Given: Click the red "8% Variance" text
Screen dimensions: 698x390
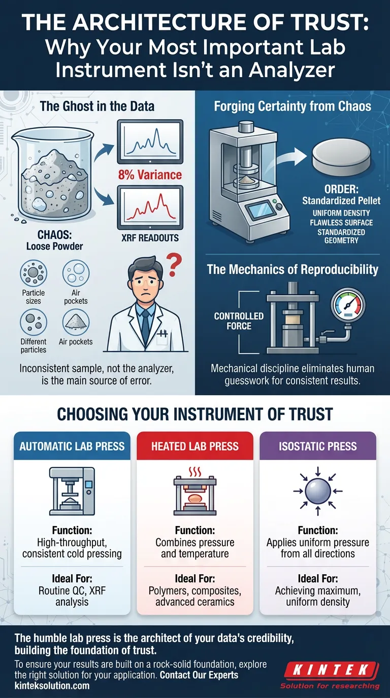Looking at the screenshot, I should pyautogui.click(x=149, y=175).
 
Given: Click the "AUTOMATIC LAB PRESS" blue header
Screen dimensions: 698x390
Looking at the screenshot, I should pyautogui.click(x=72, y=446).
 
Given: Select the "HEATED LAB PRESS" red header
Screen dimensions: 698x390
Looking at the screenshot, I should pyautogui.click(x=195, y=446).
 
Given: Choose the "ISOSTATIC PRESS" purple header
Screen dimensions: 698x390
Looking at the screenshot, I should pyautogui.click(x=317, y=446).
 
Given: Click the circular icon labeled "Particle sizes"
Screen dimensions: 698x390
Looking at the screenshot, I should pyautogui.click(x=34, y=274).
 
